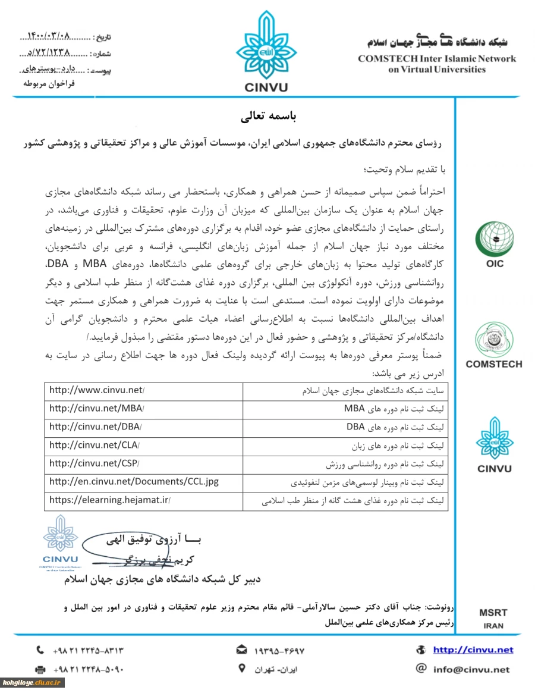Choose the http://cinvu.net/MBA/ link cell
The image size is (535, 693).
[x=97, y=409]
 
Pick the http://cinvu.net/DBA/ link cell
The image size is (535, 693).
[x=96, y=427]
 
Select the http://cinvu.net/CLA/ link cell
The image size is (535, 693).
[x=95, y=446]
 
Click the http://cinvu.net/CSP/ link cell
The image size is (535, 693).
[x=95, y=463]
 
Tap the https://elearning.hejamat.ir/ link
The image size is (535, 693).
[x=110, y=500]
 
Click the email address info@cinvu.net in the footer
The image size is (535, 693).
[x=471, y=669]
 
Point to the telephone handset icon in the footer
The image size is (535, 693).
[x=40, y=650]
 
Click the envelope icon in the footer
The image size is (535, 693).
[x=242, y=650]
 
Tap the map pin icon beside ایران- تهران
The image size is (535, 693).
[x=241, y=668]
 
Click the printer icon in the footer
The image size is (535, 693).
[x=40, y=669]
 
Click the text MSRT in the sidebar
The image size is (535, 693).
[x=493, y=613]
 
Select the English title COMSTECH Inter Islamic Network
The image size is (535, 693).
[x=437, y=59]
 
